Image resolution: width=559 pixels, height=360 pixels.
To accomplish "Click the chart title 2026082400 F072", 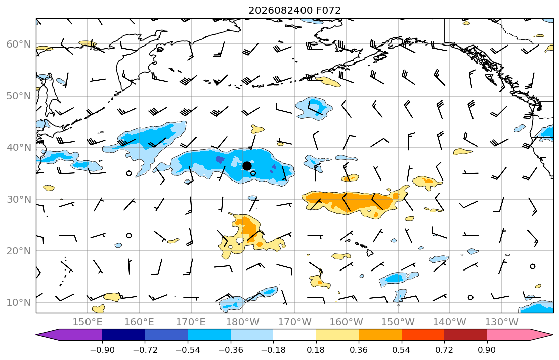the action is click(x=294, y=10).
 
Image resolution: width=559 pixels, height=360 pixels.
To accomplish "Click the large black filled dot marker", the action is click(x=247, y=166).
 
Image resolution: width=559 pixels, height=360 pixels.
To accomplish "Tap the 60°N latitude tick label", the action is click(x=19, y=44).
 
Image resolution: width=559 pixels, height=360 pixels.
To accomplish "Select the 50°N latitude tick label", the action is click(x=19, y=96).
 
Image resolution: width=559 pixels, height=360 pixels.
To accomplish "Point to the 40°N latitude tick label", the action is click(x=19, y=148).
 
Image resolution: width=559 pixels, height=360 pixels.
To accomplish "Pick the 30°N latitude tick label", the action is click(x=19, y=199).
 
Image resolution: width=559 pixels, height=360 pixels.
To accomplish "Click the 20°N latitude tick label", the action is click(x=19, y=251).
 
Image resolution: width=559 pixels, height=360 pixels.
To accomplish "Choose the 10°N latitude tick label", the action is click(x=19, y=303).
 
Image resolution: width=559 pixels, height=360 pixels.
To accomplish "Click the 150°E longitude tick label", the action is click(x=88, y=322).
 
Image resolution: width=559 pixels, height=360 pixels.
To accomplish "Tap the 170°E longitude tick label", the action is click(x=191, y=322).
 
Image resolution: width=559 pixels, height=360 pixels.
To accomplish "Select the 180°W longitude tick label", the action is click(x=243, y=322).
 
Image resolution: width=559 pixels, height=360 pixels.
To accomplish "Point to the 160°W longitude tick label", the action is click(x=346, y=322).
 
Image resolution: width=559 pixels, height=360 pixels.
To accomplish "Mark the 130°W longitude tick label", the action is click(x=502, y=322).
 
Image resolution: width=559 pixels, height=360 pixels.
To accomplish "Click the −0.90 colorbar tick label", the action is click(x=102, y=350).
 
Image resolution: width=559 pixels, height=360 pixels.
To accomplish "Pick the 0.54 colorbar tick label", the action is click(x=402, y=350).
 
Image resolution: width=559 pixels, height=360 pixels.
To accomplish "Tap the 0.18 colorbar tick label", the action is click(x=316, y=350).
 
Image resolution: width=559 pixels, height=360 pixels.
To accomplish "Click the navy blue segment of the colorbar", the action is click(x=123, y=335).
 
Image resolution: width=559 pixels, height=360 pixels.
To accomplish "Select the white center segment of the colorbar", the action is click(x=294, y=335).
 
